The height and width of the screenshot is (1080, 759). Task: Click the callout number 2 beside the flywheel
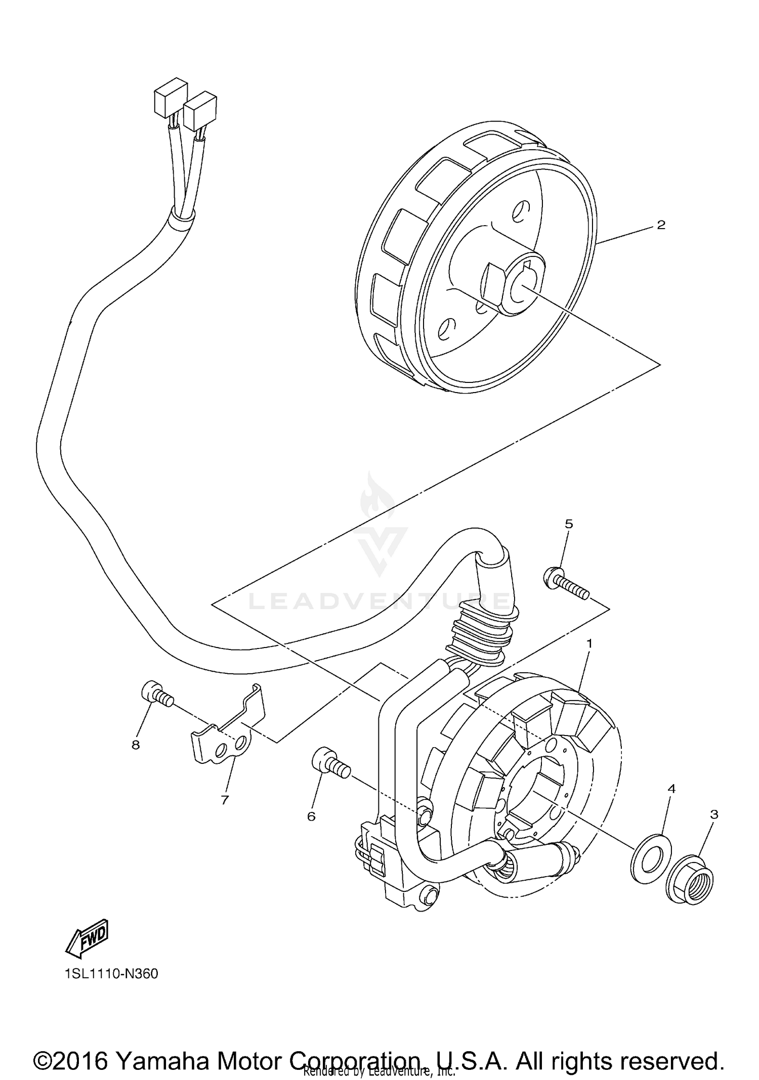[x=660, y=225]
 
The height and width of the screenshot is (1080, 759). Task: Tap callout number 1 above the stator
[x=589, y=643]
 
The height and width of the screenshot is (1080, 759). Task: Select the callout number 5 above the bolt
[x=569, y=524]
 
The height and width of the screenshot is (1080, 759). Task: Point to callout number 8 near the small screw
[x=136, y=745]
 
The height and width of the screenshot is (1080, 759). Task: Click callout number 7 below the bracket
[x=225, y=800]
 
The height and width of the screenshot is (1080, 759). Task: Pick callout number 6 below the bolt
[x=311, y=816]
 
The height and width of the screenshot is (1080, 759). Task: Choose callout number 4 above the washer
[x=671, y=789]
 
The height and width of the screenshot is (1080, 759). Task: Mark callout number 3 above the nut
[x=714, y=814]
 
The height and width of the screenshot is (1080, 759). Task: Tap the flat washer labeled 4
[x=649, y=859]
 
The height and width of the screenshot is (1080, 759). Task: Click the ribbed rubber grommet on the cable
[x=478, y=637]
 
